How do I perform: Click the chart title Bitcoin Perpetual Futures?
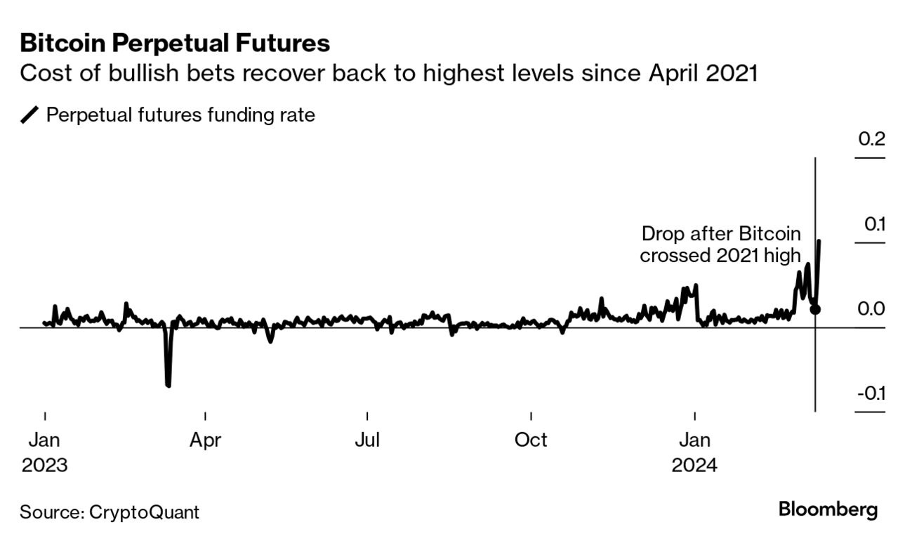[175, 44]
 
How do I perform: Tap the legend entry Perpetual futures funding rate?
[180, 115]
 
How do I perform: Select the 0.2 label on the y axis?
[871, 139]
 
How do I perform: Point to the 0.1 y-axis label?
[872, 225]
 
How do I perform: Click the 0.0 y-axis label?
[871, 309]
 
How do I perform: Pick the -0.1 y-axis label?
[871, 393]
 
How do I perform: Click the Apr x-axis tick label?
[205, 441]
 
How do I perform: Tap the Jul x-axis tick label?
[367, 441]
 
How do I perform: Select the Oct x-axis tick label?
[531, 441]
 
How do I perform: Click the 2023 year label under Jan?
[44, 465]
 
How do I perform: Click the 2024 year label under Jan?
[694, 465]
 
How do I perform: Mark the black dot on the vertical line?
[814, 309]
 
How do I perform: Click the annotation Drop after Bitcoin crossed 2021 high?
[720, 245]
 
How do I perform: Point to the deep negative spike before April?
[168, 384]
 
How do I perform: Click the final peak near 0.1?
[820, 242]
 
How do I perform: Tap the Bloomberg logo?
[828, 510]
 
